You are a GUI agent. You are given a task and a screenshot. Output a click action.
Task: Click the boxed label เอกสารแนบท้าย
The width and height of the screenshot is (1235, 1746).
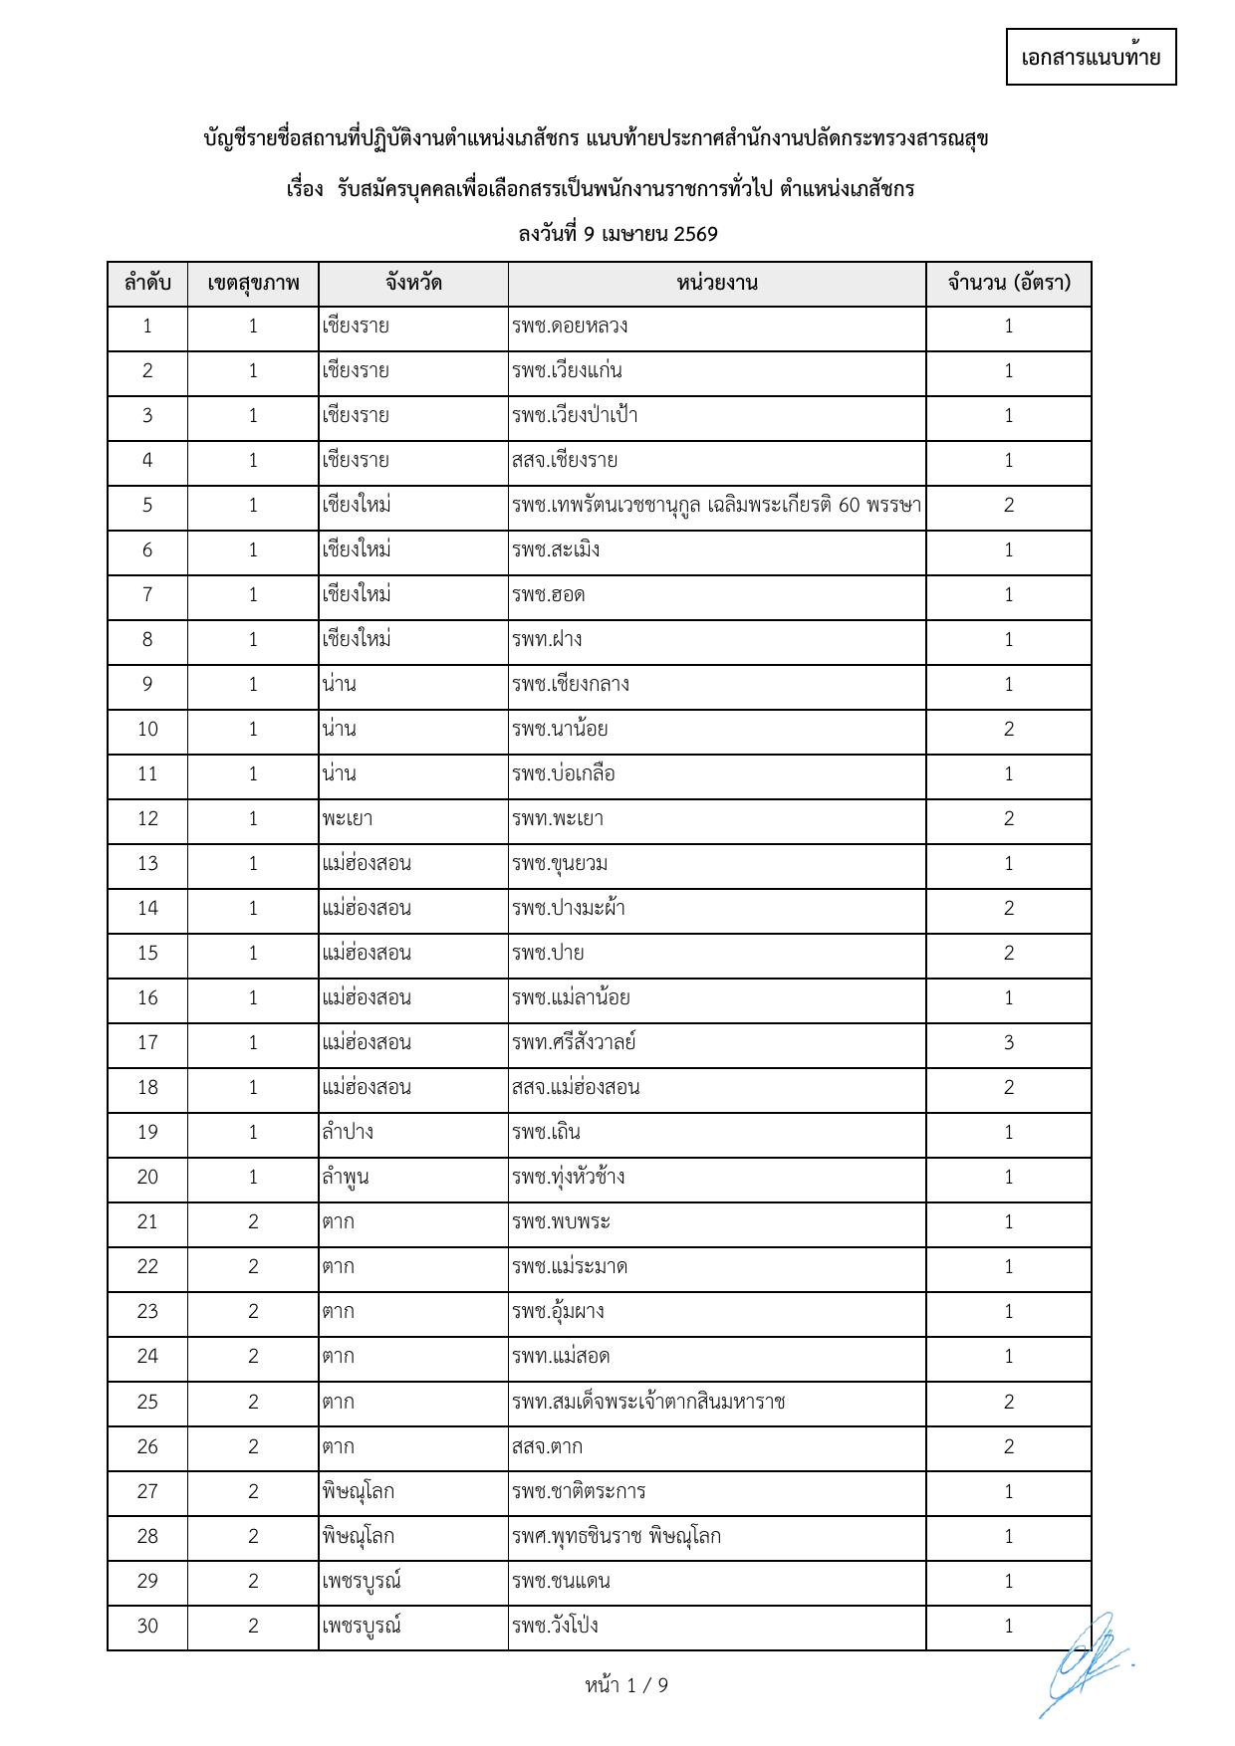[1091, 58]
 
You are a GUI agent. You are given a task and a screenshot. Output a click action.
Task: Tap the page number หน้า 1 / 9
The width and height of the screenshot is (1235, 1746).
[626, 1685]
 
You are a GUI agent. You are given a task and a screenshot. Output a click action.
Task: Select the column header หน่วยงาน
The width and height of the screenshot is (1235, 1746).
[716, 284]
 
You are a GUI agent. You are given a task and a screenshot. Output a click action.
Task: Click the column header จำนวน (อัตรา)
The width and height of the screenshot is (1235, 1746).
[1008, 284]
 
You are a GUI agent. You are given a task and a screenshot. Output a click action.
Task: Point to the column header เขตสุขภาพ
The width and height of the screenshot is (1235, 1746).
[253, 284]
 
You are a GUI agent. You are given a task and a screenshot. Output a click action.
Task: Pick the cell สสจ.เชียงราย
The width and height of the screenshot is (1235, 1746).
[565, 461]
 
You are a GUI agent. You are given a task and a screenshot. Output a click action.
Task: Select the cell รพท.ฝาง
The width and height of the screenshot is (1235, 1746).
[547, 640]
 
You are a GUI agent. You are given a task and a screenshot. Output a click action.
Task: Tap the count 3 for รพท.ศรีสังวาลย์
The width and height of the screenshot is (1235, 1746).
[1008, 1043]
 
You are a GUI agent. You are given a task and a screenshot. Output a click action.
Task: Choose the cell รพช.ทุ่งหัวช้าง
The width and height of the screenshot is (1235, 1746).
[569, 1178]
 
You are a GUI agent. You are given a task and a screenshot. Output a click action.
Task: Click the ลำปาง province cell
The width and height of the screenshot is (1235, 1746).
[348, 1133]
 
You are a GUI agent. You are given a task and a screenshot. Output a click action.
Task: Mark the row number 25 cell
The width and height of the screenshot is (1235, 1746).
[147, 1403]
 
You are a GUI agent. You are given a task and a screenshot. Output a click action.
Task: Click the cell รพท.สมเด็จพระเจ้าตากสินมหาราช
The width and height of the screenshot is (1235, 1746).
[648, 1403]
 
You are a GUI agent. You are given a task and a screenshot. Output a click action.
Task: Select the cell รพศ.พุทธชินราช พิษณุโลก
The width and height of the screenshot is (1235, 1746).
[617, 1537]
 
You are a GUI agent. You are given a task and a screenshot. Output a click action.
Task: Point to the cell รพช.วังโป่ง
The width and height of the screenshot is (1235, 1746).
[555, 1627]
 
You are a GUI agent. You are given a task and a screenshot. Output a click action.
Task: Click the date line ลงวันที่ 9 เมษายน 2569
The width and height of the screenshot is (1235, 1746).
[617, 235]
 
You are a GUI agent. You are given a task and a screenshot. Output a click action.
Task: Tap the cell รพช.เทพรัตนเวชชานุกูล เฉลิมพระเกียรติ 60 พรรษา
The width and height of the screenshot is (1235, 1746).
[716, 506]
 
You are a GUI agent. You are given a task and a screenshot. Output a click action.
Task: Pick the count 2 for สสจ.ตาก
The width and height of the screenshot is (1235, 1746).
[1008, 1447]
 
